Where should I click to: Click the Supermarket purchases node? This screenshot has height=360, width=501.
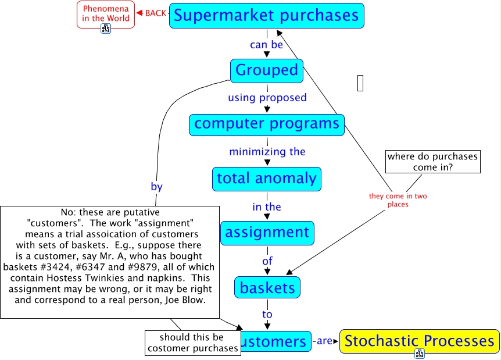click(x=267, y=16)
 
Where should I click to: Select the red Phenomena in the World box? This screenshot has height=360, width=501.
click(x=105, y=13)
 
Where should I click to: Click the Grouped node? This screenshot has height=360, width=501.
click(x=267, y=70)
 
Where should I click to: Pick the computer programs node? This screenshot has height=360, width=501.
click(x=267, y=124)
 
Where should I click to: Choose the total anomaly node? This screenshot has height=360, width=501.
click(x=267, y=179)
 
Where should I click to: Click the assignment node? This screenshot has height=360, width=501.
click(x=267, y=233)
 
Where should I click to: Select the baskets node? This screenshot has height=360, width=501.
click(x=267, y=287)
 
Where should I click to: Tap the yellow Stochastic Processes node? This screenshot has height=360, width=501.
click(x=419, y=341)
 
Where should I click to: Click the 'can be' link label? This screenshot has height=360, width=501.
click(x=266, y=44)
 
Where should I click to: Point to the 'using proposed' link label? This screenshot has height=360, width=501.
click(x=267, y=97)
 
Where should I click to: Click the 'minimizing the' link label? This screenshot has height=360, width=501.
click(x=267, y=152)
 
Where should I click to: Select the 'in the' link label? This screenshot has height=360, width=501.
click(x=266, y=206)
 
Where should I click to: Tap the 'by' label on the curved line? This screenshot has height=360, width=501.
click(x=156, y=187)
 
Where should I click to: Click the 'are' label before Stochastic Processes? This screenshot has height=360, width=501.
click(x=324, y=341)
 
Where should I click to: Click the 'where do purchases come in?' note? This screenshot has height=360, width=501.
click(x=432, y=162)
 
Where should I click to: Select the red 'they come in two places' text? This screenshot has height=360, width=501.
click(x=398, y=200)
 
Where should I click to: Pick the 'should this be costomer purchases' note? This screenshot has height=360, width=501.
click(x=192, y=343)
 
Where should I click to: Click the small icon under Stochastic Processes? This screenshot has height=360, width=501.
click(x=419, y=353)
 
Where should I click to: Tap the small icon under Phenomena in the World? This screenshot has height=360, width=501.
click(x=106, y=28)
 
